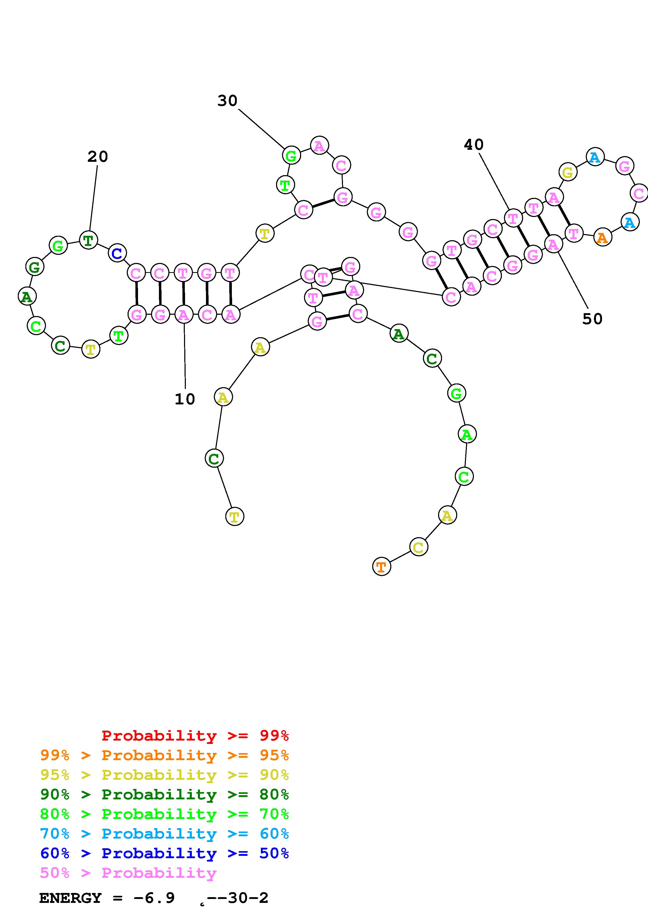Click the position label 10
tap(185, 399)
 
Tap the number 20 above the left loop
tap(98, 157)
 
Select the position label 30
tap(227, 101)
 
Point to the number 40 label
tap(474, 145)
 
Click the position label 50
tap(592, 319)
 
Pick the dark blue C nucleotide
tap(117, 253)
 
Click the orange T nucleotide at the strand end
tap(381, 567)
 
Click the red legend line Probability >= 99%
tap(195, 736)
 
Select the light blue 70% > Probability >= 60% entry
tap(164, 834)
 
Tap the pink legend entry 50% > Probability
tap(128, 873)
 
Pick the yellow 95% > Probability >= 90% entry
tap(164, 775)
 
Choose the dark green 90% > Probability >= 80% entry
tap(164, 794)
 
